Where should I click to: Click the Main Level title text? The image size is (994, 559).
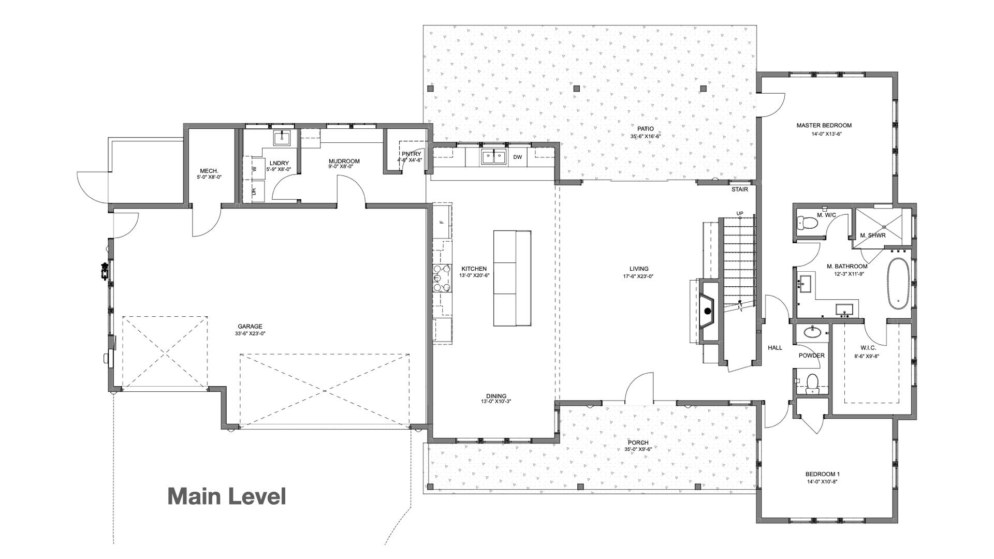click(x=226, y=496)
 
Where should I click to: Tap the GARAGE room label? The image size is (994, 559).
click(x=250, y=327)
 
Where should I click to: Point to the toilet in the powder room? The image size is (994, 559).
click(x=812, y=384)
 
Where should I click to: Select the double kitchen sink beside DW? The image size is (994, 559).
click(x=493, y=157)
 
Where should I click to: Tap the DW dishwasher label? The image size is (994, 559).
click(x=517, y=157)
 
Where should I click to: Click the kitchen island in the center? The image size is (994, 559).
click(x=512, y=278)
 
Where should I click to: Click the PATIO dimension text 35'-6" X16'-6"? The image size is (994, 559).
click(x=645, y=137)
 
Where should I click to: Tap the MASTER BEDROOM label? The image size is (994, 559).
click(x=824, y=125)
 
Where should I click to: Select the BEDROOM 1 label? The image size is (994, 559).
click(x=822, y=474)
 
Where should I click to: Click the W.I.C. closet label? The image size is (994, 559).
click(x=868, y=348)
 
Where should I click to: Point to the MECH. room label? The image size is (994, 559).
click(x=209, y=171)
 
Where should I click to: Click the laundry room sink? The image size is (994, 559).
click(x=282, y=138)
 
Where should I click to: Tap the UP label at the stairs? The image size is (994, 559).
click(x=740, y=214)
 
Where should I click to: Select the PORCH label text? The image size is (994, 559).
click(x=638, y=443)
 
